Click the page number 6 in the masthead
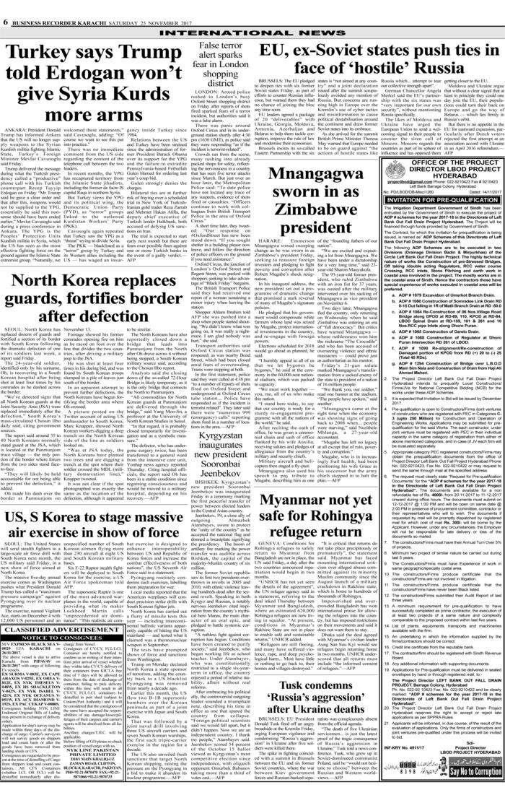point(6,5)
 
